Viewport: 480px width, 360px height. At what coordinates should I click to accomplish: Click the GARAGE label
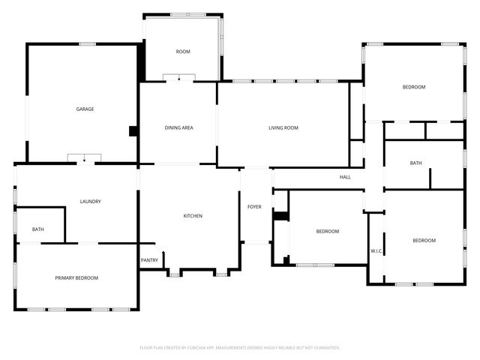point(85,109)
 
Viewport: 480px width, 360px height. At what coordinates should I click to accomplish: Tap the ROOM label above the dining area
point(183,52)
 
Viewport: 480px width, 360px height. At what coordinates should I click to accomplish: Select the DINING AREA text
point(179,128)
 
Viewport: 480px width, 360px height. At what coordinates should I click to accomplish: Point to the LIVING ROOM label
point(283,128)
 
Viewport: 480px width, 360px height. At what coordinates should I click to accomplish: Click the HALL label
point(345,178)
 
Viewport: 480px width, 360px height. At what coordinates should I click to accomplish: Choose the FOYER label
point(255,206)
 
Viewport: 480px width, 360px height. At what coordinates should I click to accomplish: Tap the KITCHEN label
point(193,216)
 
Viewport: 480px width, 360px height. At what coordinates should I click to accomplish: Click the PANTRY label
point(149,260)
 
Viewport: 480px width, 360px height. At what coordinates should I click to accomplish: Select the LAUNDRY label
point(91,202)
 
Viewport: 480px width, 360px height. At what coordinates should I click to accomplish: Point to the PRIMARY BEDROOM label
point(76,278)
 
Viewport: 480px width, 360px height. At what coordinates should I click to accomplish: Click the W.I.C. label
point(376,250)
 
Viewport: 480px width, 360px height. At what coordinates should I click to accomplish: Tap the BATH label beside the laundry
point(37,229)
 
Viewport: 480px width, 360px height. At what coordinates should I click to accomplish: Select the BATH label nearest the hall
point(415,163)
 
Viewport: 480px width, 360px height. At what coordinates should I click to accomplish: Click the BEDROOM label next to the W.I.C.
point(424,241)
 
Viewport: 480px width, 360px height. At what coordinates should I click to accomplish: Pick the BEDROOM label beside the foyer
point(327,232)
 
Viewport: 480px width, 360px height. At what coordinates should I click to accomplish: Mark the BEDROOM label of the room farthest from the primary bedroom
point(414,88)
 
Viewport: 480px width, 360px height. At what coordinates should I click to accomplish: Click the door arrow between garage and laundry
point(85,159)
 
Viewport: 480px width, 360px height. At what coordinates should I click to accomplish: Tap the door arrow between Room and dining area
point(179,78)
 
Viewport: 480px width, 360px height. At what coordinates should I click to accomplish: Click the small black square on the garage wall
point(133,130)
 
